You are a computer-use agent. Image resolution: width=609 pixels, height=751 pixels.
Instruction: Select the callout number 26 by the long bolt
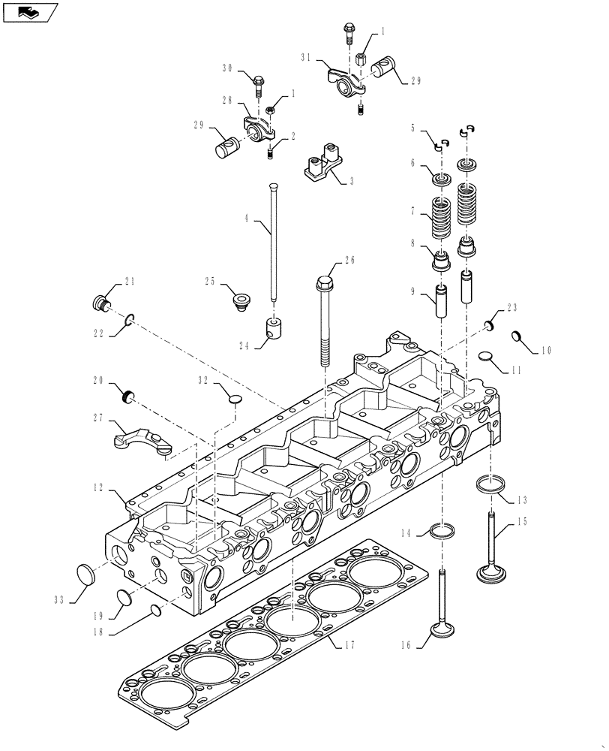[349, 261]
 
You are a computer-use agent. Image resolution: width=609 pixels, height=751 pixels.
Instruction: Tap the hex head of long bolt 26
[325, 284]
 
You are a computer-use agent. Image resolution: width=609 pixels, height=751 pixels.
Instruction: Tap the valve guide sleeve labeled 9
[440, 303]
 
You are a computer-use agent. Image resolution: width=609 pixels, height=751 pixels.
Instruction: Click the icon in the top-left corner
[29, 12]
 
